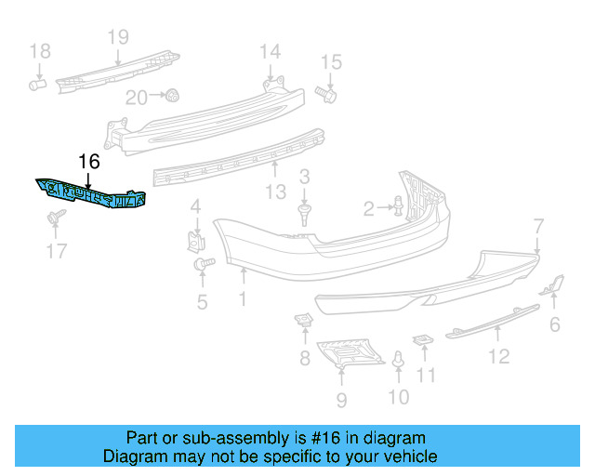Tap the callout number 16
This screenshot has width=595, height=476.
pos(88,162)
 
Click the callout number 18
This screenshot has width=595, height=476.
pos(38,50)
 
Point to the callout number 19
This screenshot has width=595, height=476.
pos(117,37)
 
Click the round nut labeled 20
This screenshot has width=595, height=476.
pos(172,95)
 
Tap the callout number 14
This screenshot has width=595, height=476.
pos(270,51)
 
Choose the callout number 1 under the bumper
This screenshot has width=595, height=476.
pos(242,299)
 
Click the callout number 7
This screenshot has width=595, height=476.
pos(537,225)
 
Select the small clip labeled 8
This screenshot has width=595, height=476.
pos(303,322)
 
